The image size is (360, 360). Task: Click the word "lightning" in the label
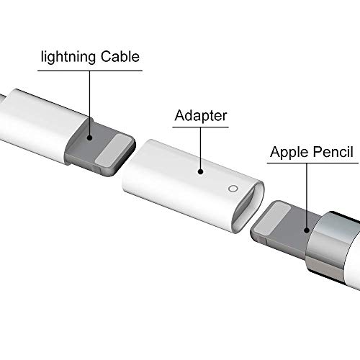[68, 58]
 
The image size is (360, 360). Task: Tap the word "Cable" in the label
[120, 57]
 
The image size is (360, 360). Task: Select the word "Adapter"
[201, 116]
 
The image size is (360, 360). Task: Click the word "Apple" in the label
[289, 152]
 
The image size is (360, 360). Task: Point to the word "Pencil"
[333, 151]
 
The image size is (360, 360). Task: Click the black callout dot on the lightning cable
[90, 138]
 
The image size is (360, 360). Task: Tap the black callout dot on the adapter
[201, 171]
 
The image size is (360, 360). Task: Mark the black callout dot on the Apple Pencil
[307, 230]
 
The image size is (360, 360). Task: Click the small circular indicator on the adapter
[233, 189]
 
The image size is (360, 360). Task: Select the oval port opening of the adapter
[247, 207]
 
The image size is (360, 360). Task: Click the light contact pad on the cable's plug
[114, 150]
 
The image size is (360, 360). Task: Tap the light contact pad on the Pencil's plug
[272, 217]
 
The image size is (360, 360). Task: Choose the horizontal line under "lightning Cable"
[90, 71]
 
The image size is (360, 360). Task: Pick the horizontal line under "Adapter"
[201, 127]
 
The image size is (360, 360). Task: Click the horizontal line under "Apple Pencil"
[312, 163]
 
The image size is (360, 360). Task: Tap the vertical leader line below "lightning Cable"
[90, 103]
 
